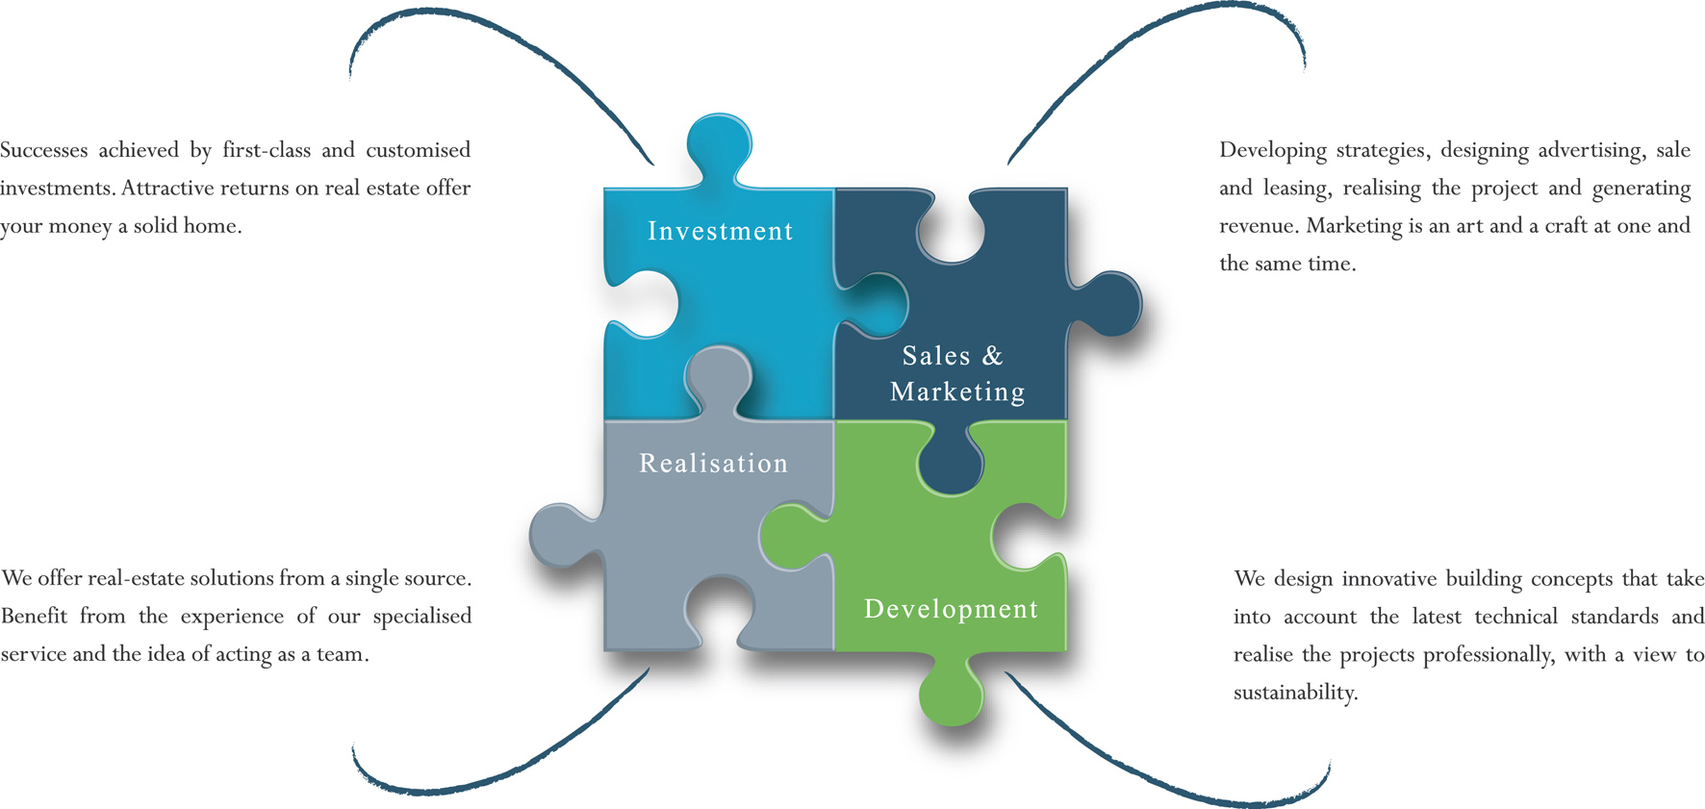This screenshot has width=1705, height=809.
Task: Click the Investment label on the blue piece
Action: (720, 231)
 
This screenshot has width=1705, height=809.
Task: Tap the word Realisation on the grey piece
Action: (713, 464)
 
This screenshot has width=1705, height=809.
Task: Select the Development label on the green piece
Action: (951, 609)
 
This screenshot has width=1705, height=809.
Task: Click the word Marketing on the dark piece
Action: (957, 392)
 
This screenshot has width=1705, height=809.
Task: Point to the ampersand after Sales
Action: (992, 356)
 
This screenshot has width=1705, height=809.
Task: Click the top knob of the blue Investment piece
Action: (719, 144)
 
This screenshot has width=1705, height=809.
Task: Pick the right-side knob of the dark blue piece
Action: (1111, 303)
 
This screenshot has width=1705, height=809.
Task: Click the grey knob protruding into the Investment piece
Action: (718, 375)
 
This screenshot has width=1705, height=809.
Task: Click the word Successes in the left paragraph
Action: (43, 150)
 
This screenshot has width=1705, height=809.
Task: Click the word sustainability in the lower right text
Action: (1294, 693)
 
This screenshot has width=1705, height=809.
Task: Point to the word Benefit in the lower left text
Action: (33, 617)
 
